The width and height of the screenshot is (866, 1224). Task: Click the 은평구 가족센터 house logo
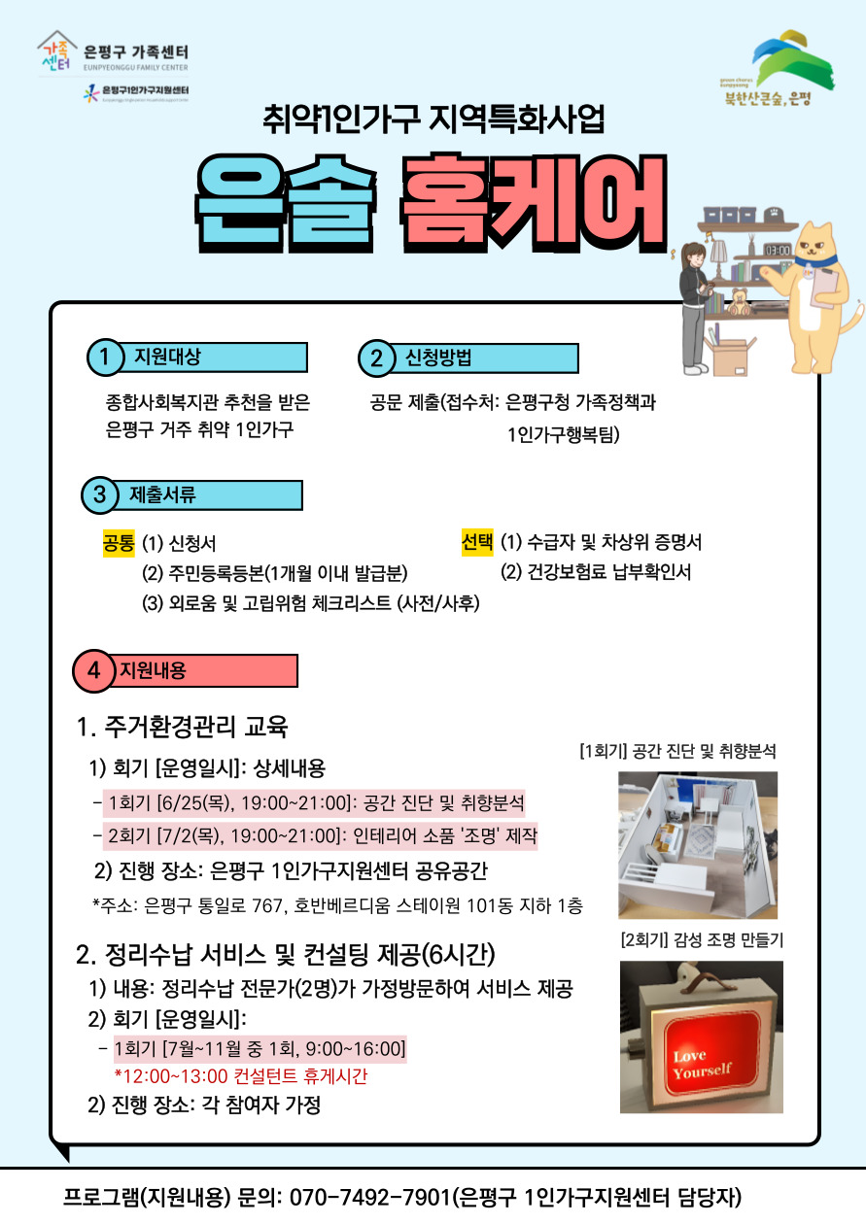[x=56, y=51]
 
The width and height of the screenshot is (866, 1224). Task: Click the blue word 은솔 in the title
[x=286, y=203]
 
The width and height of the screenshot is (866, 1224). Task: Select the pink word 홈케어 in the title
[x=534, y=203]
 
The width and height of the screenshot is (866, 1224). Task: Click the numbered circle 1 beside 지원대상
[x=104, y=357]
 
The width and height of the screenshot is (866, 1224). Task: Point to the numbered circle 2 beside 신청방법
[x=376, y=358]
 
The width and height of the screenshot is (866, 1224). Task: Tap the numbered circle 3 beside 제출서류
[x=99, y=495]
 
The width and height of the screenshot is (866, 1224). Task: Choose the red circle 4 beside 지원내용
[x=93, y=670]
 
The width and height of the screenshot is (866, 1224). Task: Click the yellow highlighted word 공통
[x=119, y=543]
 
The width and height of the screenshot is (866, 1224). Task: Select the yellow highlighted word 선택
[x=477, y=541]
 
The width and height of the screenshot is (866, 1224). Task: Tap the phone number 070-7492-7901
[x=369, y=1197]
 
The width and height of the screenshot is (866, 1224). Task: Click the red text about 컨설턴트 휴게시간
[x=241, y=1076]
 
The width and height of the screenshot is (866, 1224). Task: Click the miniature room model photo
[x=698, y=845]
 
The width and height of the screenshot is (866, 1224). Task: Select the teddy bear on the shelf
[x=739, y=301]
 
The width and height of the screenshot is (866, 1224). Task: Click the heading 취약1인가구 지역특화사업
[x=433, y=119]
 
